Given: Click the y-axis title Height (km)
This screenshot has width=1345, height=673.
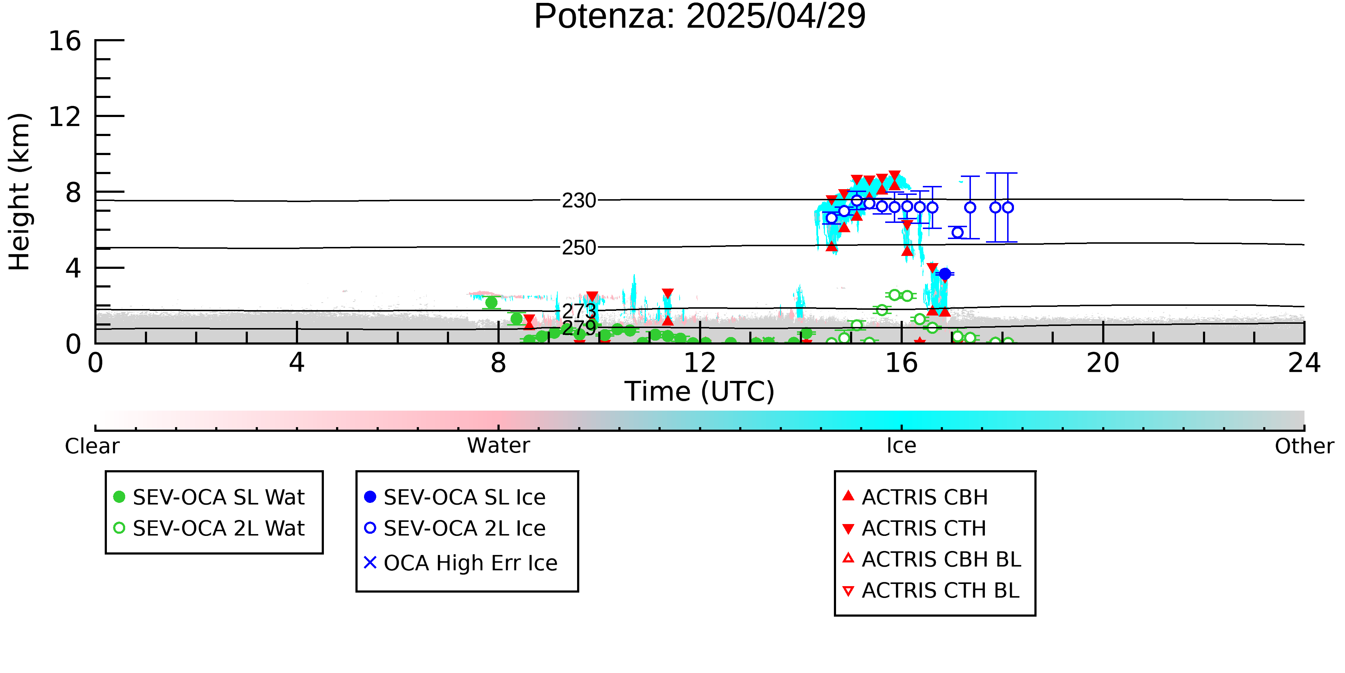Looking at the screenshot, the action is coord(20,192).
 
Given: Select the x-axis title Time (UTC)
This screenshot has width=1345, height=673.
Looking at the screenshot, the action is coord(700,391).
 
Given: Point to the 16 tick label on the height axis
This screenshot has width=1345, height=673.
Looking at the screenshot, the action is coord(65,41).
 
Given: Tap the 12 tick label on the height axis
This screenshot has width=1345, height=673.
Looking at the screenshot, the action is coord(65,117).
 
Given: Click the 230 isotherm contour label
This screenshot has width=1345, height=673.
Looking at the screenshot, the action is coord(579,200).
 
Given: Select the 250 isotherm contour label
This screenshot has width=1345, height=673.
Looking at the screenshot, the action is coord(579,247).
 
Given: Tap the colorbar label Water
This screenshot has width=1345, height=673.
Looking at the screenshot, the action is coord(499,446).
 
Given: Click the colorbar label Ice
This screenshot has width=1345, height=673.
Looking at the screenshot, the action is coord(901,446).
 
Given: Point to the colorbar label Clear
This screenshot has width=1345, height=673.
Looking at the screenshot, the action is coord(92,446).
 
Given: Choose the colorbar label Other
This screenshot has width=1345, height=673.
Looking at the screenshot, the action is coord(1304,446).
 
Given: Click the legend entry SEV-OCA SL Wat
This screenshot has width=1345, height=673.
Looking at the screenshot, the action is coord(209,497).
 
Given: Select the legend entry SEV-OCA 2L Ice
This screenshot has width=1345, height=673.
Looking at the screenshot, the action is coord(455,528).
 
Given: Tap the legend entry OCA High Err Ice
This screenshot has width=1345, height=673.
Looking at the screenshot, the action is coord(461,563).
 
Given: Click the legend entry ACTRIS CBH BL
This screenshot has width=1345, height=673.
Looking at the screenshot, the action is coord(932,559).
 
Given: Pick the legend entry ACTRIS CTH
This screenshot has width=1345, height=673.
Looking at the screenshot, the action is coord(914,528).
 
